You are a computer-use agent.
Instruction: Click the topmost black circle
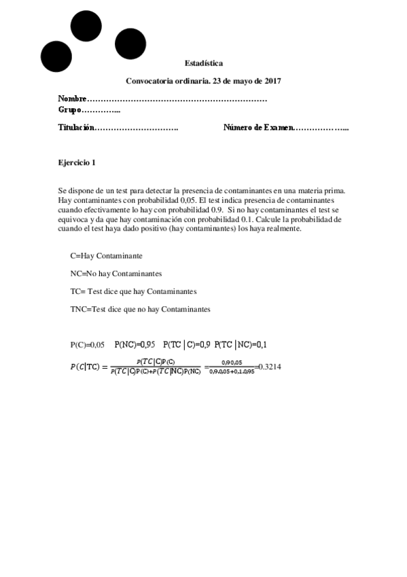click(x=87, y=27)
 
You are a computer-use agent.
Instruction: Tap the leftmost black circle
click(x=56, y=56)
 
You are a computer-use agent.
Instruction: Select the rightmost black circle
click(x=130, y=44)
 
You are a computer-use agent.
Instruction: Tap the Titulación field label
click(x=75, y=128)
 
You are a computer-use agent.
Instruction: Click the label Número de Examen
click(x=259, y=128)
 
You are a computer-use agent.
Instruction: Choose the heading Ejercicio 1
click(x=77, y=163)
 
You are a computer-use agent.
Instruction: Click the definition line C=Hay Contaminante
click(x=106, y=256)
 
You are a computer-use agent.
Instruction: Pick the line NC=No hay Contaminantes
click(x=116, y=274)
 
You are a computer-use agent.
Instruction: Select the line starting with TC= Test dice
click(x=133, y=291)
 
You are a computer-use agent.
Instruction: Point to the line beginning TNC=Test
click(x=140, y=309)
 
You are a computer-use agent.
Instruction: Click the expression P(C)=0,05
click(x=87, y=345)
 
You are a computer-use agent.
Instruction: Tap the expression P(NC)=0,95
click(x=135, y=345)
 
